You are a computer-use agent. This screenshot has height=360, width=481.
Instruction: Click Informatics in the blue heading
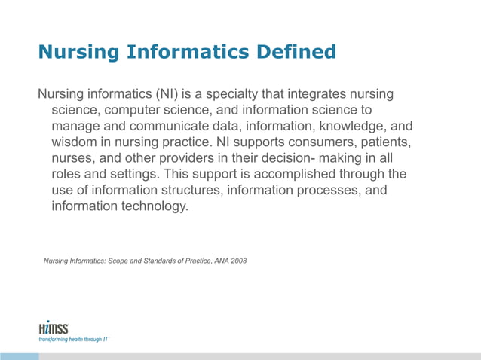[179, 53]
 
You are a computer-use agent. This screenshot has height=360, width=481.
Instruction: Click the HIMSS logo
[54, 328]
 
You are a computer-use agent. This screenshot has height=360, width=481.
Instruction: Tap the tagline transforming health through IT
[74, 340]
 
